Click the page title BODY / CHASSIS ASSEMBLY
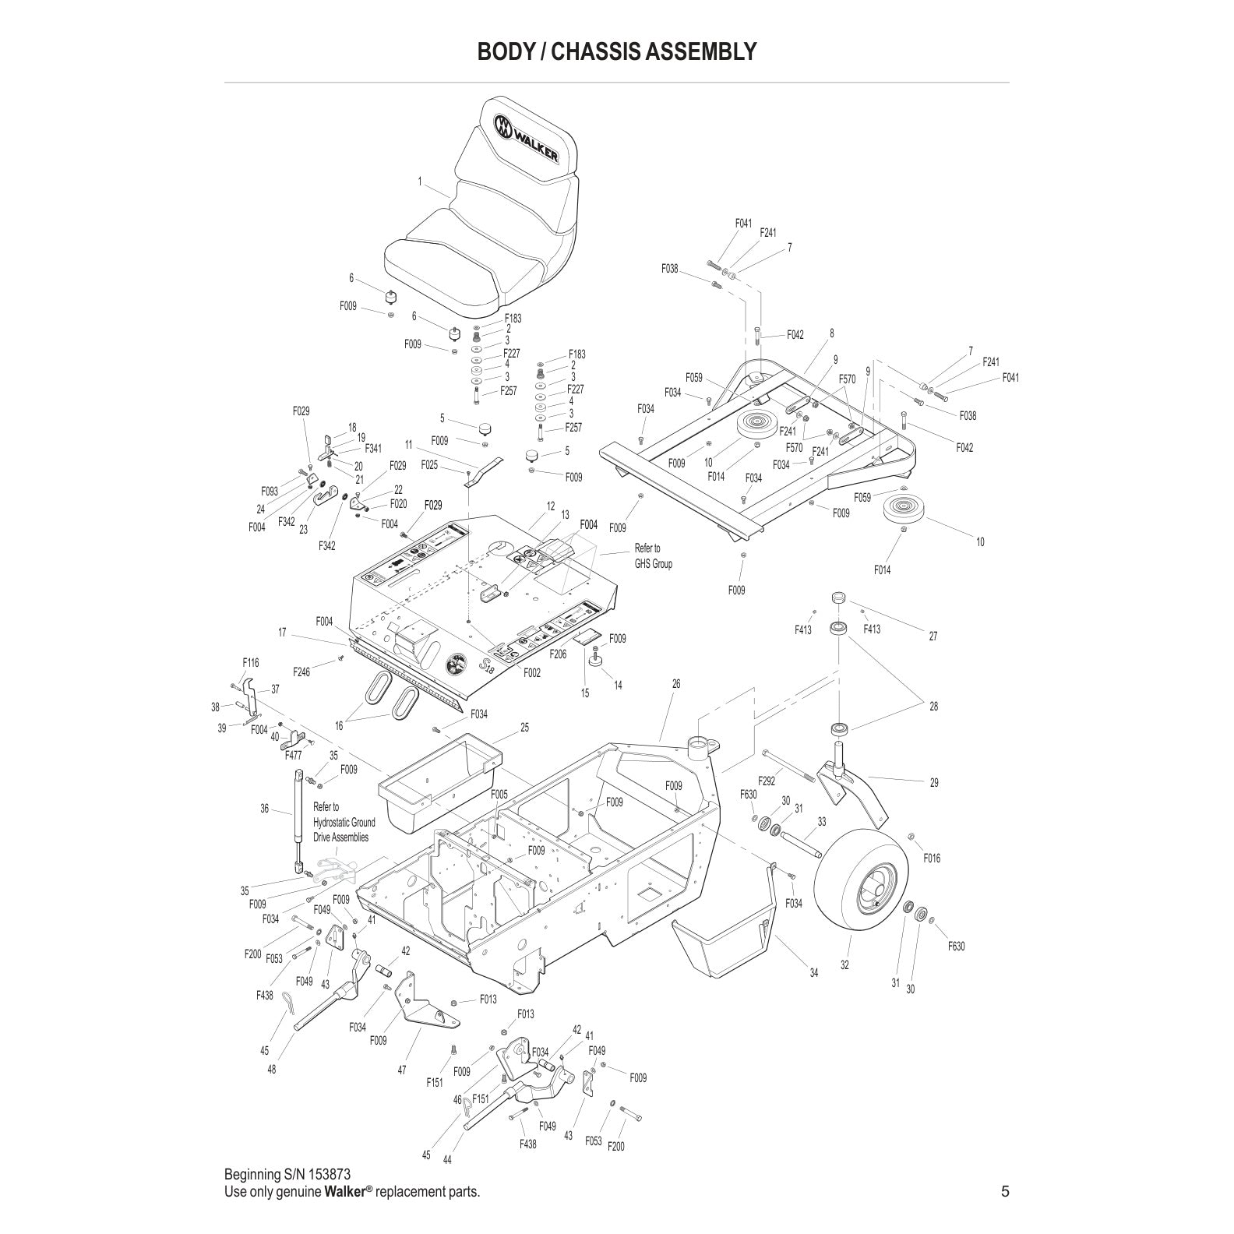616,51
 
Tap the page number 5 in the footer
1004,1191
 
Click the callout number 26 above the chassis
675,684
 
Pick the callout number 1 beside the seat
419,182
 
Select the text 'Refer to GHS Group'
653,556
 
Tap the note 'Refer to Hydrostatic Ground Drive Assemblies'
343,822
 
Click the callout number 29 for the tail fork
934,783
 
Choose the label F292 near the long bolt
767,780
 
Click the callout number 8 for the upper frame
831,333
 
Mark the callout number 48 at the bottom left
271,1070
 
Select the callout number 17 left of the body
282,633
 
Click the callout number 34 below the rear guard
814,972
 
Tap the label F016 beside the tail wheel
931,858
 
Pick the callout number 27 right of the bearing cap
933,636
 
